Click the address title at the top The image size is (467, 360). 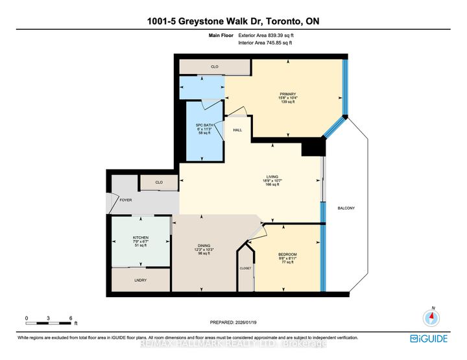[233, 21]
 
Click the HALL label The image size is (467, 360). [237, 130]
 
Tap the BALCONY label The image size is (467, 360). [346, 208]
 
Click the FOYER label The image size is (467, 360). [126, 200]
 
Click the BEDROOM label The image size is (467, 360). [287, 254]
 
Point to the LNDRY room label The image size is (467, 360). [139, 280]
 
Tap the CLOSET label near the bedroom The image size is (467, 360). [245, 267]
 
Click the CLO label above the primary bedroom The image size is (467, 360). [215, 66]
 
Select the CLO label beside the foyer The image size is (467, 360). [159, 184]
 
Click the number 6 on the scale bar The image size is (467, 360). [70, 318]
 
